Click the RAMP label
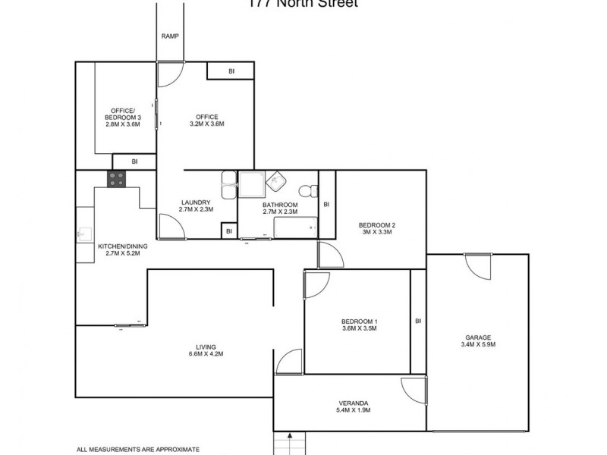coord(169,36)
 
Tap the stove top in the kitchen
coord(117,179)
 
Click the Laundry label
coord(196,206)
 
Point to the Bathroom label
coord(280,209)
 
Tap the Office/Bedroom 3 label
coord(122,121)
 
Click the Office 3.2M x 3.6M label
coord(206,120)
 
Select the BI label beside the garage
coord(418,321)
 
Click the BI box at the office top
coord(231,72)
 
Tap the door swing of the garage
coord(479,267)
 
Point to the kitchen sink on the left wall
coord(84,234)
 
